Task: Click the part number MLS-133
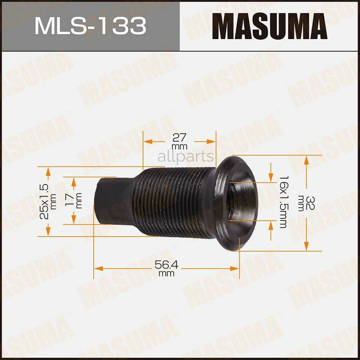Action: pos(90,26)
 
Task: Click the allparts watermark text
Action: pos(186,157)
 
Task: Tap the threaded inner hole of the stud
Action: pos(240,200)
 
